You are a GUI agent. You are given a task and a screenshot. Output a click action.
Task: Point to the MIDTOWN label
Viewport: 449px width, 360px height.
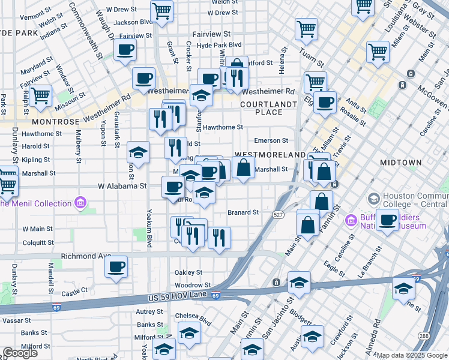400,163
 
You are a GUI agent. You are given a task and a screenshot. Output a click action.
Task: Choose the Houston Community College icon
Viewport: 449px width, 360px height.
374,197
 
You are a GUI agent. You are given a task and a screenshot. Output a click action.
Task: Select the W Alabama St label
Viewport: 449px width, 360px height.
122,186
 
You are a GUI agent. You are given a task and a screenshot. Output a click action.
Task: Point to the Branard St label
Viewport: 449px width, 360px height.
243,212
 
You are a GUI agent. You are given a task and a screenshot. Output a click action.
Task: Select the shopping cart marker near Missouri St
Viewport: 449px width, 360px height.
40,95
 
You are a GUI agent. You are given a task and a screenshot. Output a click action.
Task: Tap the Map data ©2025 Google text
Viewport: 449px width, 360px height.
411,355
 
